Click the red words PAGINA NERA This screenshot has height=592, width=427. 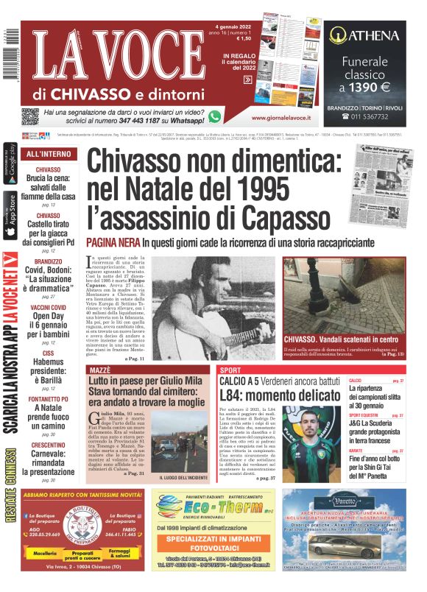tap(113, 242)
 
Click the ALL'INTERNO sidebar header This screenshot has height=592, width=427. tap(49, 155)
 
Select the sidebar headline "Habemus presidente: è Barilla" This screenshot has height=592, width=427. tap(48, 367)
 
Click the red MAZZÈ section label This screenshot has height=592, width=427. tap(100, 369)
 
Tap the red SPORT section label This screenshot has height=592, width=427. tap(230, 369)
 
